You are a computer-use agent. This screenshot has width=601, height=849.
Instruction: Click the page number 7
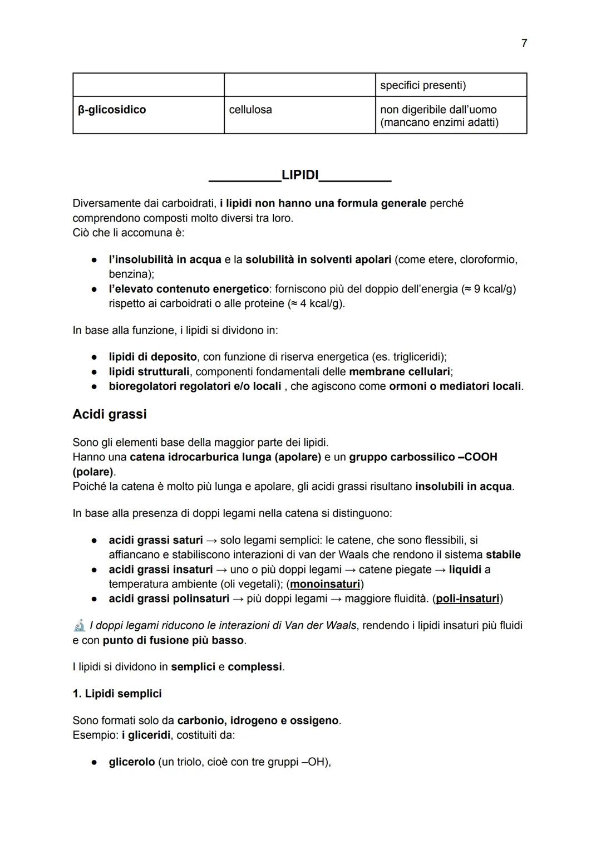(x=524, y=43)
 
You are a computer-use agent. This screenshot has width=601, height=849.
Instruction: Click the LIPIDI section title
(x=300, y=175)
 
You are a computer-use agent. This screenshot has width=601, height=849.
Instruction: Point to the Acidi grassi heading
(x=110, y=414)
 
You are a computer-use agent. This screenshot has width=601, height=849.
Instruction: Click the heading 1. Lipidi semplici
(x=117, y=694)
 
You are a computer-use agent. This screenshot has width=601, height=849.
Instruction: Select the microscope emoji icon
(x=80, y=625)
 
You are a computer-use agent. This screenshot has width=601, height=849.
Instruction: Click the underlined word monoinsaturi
(x=325, y=584)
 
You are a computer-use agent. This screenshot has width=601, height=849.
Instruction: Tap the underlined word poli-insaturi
(x=467, y=598)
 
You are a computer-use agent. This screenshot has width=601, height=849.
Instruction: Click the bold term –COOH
(x=477, y=457)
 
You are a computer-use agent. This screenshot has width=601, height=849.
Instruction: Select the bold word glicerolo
(x=131, y=762)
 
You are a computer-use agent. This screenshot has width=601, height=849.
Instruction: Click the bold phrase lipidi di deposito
(x=152, y=356)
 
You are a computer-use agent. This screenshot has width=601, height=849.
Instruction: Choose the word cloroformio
(x=488, y=259)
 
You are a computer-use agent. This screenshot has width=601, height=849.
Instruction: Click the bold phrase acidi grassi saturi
(x=156, y=540)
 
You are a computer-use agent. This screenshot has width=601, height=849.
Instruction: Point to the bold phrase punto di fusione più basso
(x=173, y=640)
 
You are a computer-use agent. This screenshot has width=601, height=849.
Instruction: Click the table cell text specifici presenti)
(x=423, y=85)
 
